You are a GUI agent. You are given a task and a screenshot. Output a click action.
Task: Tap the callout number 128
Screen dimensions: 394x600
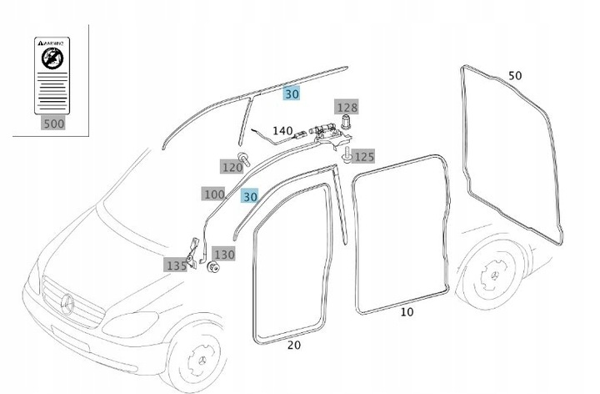coord(346,107)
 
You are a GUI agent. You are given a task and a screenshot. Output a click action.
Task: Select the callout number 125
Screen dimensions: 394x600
coord(364,156)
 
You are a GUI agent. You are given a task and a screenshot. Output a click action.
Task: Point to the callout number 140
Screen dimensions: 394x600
coord(282,131)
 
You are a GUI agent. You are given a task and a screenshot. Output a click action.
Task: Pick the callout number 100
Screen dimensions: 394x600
coord(213,194)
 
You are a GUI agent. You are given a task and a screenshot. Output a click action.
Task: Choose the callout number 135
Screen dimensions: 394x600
coord(176,265)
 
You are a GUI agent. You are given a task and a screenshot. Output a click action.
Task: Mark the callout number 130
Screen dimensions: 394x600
coord(225,254)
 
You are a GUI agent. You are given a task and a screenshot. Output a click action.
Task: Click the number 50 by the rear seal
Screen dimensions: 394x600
coord(515,76)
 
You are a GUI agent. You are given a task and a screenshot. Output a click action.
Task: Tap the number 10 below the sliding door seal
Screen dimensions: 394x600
coord(407,312)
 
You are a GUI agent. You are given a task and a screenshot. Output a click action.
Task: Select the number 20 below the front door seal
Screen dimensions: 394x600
coord(293,344)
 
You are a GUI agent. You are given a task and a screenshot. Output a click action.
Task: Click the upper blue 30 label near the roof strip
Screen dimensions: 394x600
coord(292,94)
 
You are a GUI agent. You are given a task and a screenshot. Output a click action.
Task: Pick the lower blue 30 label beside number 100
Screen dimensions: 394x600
coord(250,196)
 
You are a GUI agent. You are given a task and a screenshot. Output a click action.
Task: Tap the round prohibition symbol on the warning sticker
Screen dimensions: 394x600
coord(52,58)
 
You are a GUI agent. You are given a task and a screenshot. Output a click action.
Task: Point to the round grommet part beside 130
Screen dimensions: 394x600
coord(212,268)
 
